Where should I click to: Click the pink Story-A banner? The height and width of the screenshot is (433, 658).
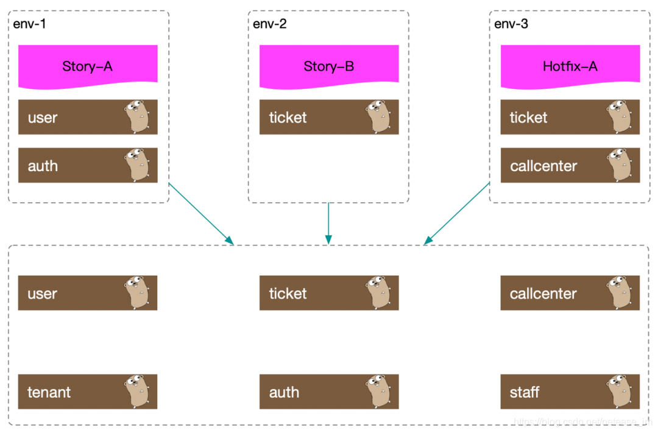(88, 65)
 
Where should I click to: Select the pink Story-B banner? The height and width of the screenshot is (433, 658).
(329, 65)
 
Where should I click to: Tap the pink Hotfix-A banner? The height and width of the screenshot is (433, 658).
(570, 65)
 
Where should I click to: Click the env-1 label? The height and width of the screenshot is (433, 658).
(29, 24)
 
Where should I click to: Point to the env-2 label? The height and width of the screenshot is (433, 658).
(270, 24)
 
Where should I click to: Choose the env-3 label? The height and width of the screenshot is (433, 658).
(511, 24)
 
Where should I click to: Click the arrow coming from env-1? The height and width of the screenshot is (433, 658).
(201, 213)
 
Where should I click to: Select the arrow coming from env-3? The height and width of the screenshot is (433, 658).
(457, 213)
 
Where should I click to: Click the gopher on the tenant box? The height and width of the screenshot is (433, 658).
(136, 391)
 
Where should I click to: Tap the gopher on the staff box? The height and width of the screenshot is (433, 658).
(619, 391)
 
